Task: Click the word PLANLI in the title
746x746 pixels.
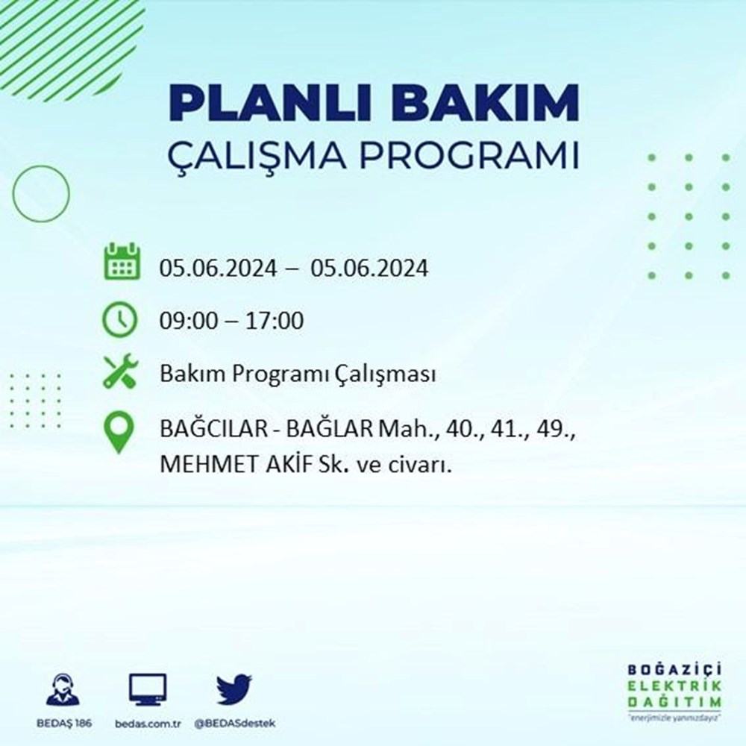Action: tap(269, 103)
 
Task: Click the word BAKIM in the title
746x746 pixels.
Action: tap(485, 103)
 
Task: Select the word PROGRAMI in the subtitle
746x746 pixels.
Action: tap(469, 154)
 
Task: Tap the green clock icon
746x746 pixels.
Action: tap(120, 319)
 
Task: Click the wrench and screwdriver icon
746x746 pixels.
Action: tap(120, 371)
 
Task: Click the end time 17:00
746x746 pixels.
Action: tap(275, 321)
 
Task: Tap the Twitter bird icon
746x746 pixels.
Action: tap(234, 689)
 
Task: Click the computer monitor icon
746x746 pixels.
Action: tap(148, 689)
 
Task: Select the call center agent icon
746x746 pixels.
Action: tap(63, 689)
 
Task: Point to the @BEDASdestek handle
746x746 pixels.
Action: tap(235, 724)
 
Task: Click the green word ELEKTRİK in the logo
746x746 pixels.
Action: tap(674, 686)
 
